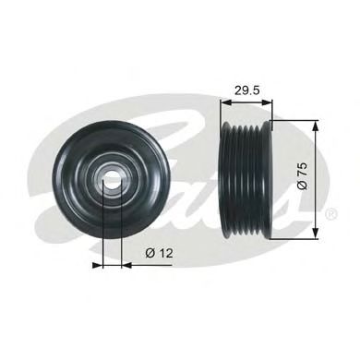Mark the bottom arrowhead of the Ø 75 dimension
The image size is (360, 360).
pyautogui.click(x=317, y=234)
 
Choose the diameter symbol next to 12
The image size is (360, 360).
pyautogui.click(x=148, y=249)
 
